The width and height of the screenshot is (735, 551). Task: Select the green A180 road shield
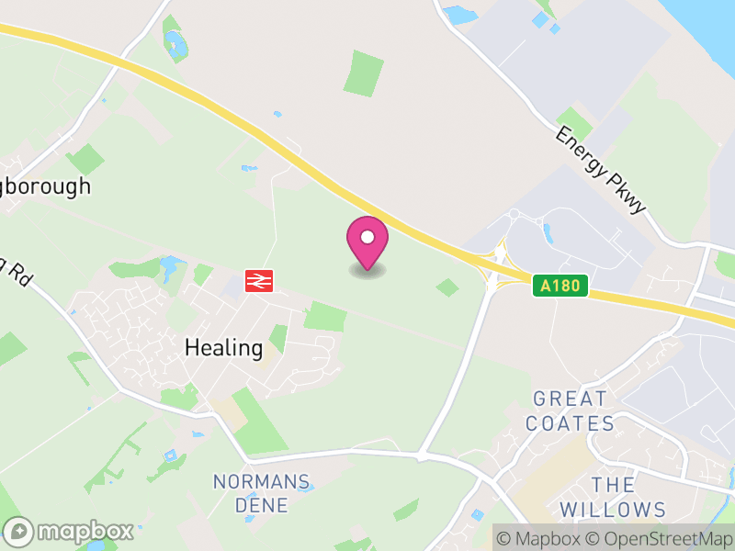pyautogui.click(x=560, y=286)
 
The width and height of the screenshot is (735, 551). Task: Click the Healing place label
pyautogui.click(x=223, y=348)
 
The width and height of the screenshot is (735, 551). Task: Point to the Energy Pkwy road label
pyautogui.click(x=601, y=171)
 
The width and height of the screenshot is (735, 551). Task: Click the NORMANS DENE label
pyautogui.click(x=262, y=493)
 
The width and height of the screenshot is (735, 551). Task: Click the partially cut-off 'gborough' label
pyautogui.click(x=46, y=186)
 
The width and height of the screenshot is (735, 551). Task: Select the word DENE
pyautogui.click(x=262, y=505)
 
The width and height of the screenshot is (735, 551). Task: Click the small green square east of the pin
pyautogui.click(x=447, y=287)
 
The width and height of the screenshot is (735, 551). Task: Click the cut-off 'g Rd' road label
pyautogui.click(x=15, y=270)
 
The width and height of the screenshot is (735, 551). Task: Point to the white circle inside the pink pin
pyautogui.click(x=367, y=237)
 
